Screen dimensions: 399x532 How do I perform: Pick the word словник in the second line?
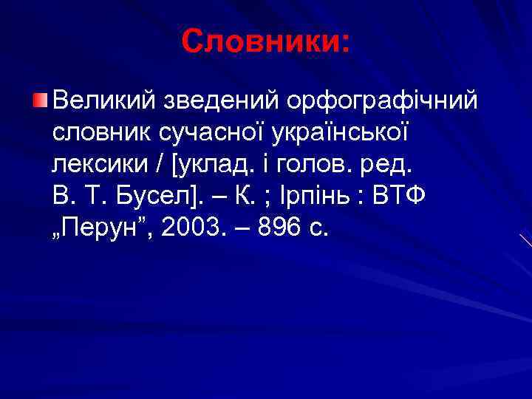point(99,132)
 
